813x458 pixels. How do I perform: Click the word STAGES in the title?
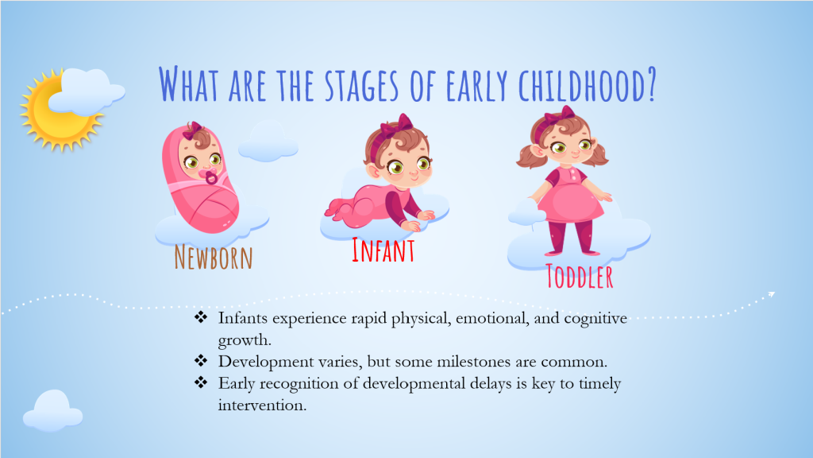click(362, 84)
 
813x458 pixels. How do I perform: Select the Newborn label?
click(213, 257)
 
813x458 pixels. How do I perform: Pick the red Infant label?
click(383, 250)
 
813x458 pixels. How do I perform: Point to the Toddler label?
click(580, 276)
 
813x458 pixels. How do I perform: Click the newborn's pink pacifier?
click(211, 177)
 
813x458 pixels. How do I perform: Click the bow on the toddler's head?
click(561, 114)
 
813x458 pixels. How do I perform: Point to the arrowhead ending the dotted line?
click(772, 294)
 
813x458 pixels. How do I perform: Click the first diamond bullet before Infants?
click(201, 317)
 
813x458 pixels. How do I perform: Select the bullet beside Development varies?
click(201, 360)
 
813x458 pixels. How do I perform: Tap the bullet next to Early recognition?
click(201, 382)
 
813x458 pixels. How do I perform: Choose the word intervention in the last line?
click(262, 405)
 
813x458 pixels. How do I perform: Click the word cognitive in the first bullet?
click(595, 319)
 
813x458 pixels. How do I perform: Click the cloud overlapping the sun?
click(87, 92)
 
